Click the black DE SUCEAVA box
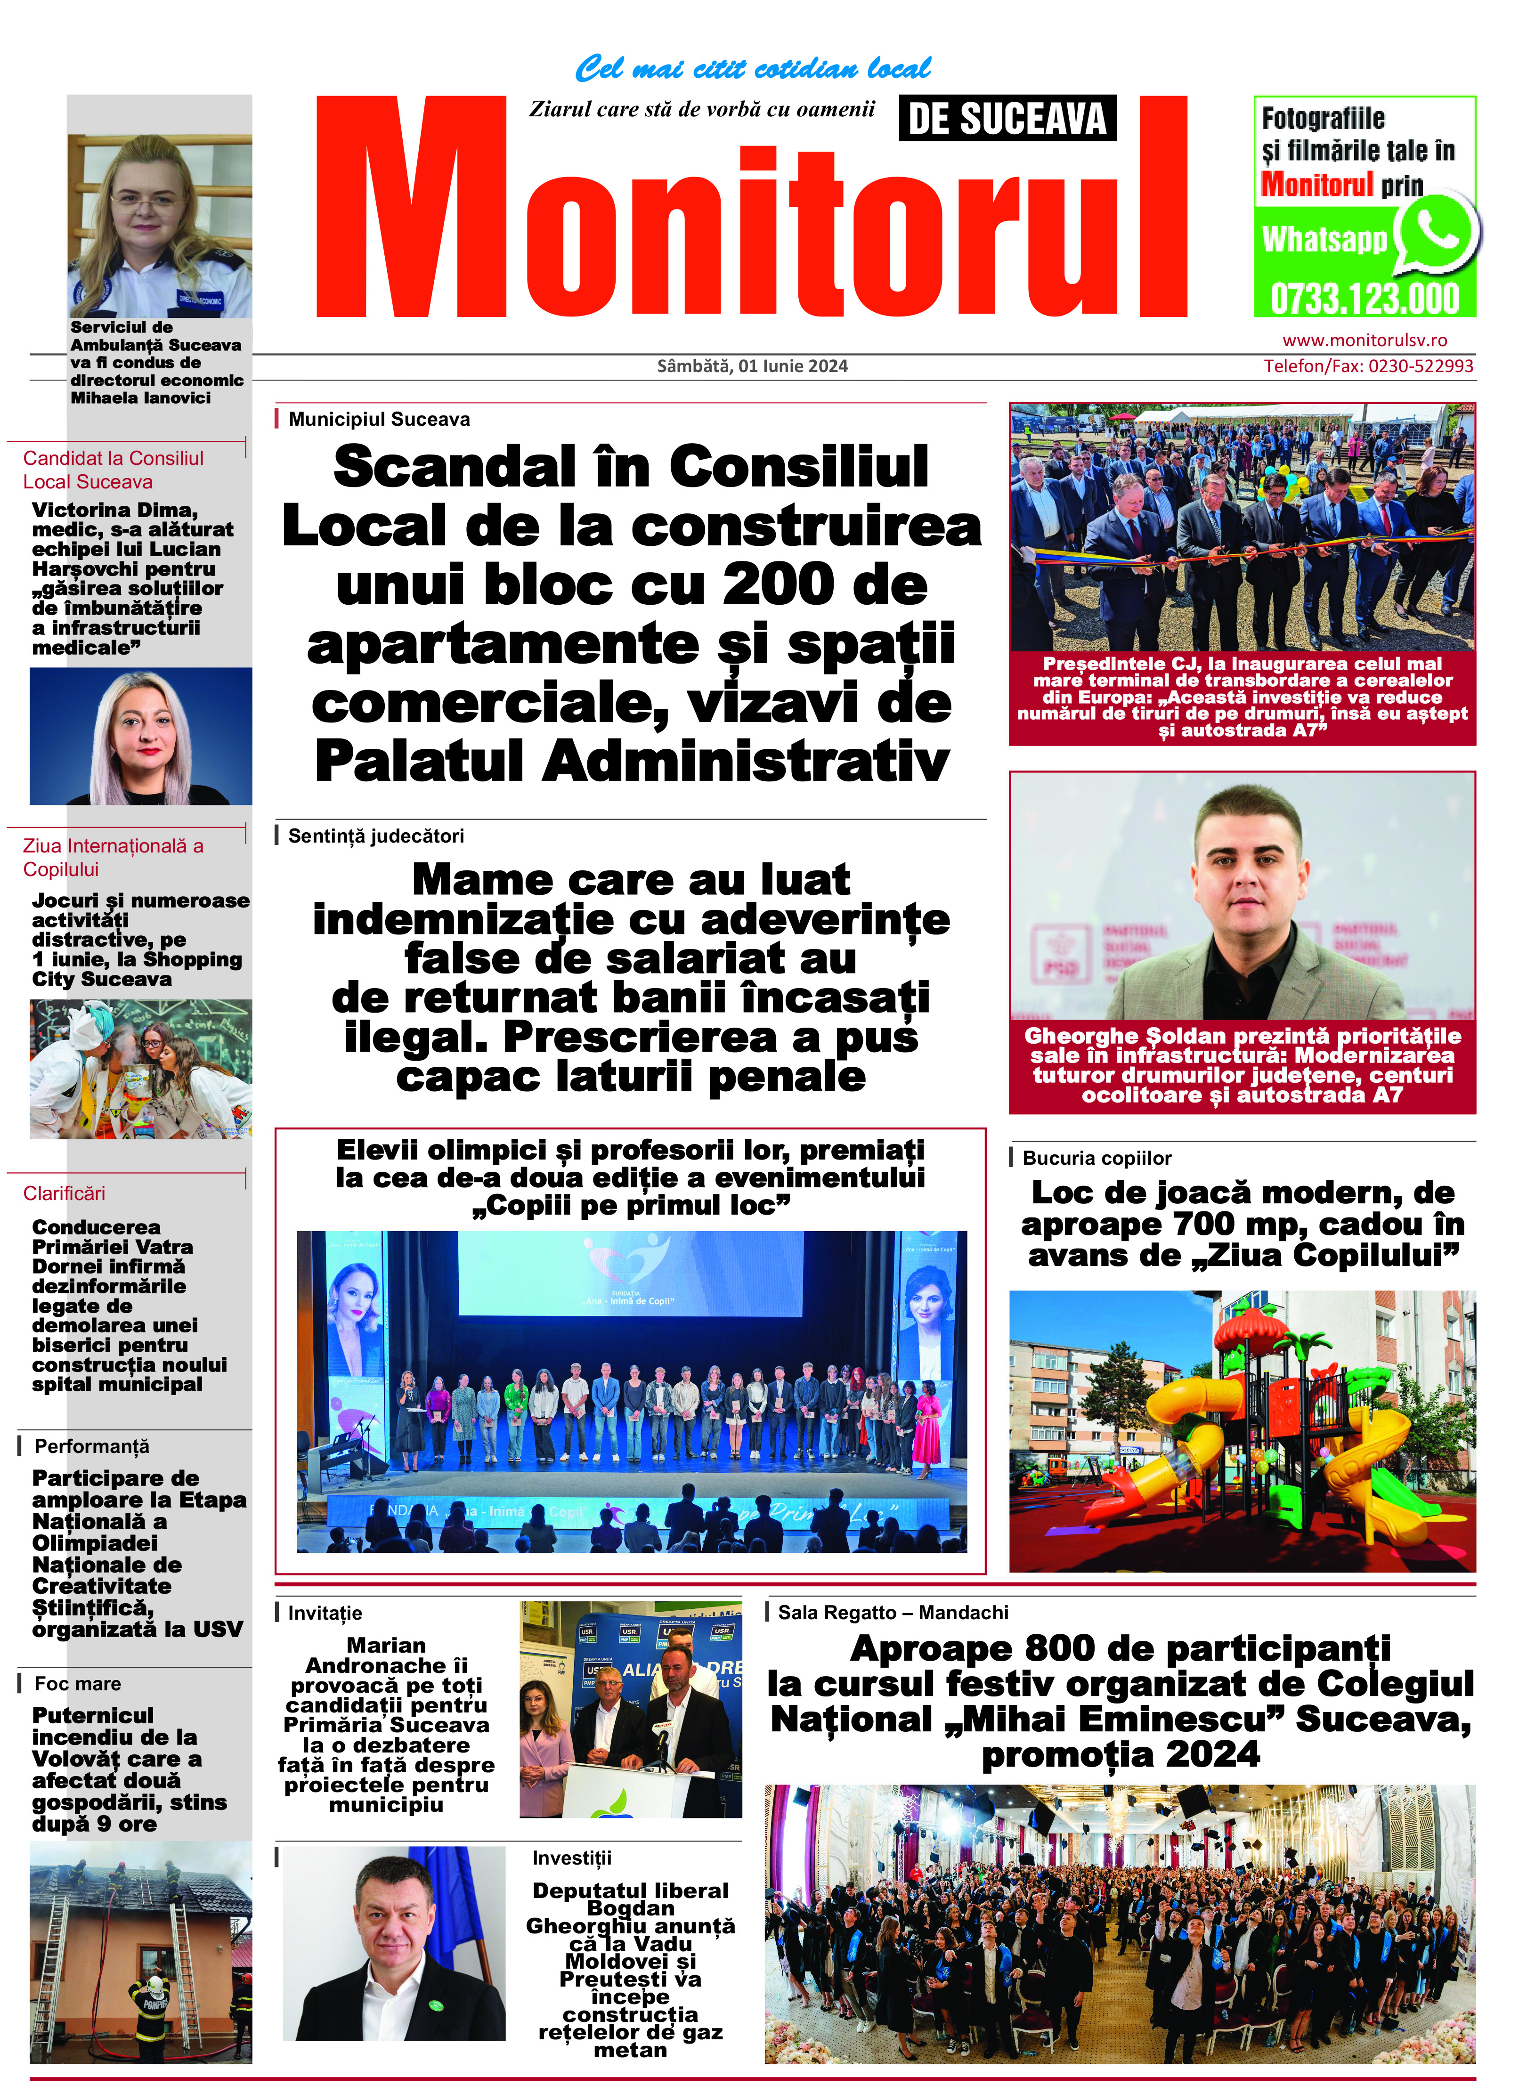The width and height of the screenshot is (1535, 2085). (x=1007, y=119)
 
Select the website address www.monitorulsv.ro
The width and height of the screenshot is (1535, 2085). (x=1364, y=340)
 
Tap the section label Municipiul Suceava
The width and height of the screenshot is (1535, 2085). (x=379, y=419)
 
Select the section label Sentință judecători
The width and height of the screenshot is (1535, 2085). (x=375, y=836)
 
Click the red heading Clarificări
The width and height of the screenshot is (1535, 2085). (x=64, y=1193)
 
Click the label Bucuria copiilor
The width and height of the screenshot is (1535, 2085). (x=1096, y=1158)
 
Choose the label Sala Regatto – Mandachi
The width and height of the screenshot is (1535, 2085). (x=892, y=1612)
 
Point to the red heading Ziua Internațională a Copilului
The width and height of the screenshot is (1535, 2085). (x=114, y=857)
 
